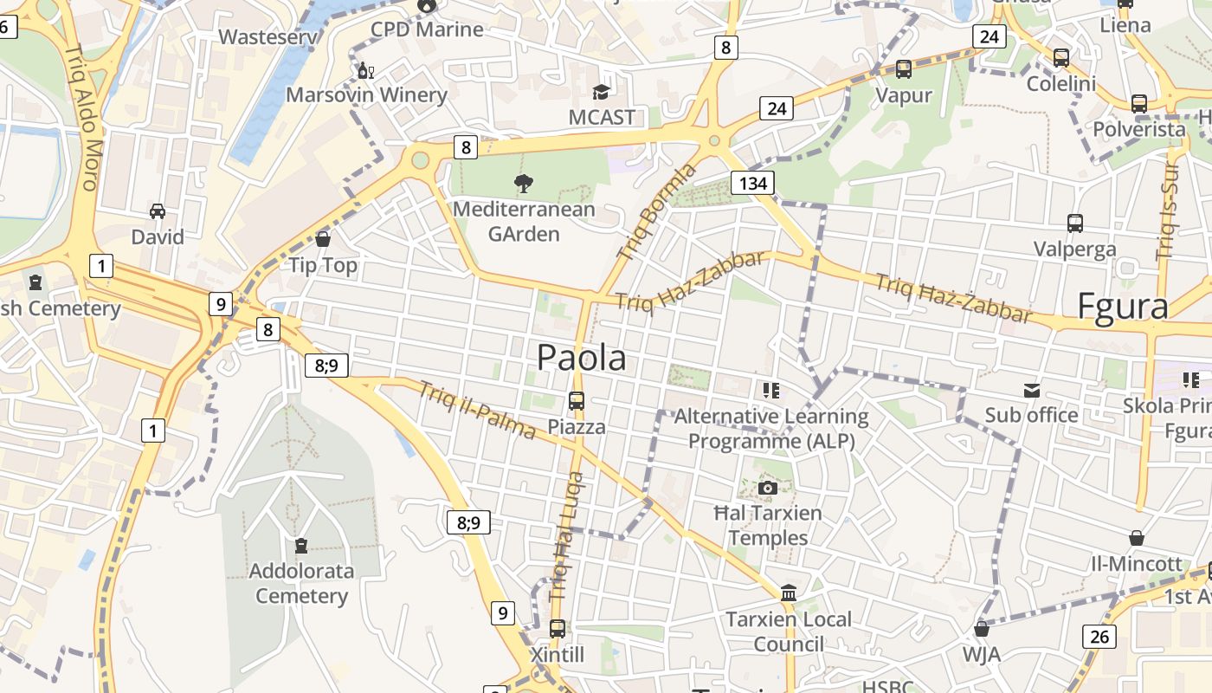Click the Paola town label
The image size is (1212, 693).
pyautogui.click(x=582, y=357)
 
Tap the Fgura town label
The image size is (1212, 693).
pyautogui.click(x=1122, y=308)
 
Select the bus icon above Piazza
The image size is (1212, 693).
pyautogui.click(x=577, y=400)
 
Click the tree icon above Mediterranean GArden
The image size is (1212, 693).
pyautogui.click(x=523, y=183)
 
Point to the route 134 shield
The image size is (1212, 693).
pyautogui.click(x=752, y=183)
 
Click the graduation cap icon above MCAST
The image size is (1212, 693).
pyautogui.click(x=601, y=92)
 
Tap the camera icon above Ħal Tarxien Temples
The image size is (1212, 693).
pyautogui.click(x=767, y=488)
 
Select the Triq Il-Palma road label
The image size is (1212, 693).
pyautogui.click(x=477, y=410)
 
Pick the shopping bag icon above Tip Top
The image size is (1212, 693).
pyautogui.click(x=323, y=238)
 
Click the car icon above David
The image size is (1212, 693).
pyautogui.click(x=158, y=210)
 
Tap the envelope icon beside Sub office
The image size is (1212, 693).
pyautogui.click(x=1032, y=390)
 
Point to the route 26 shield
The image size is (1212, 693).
pyautogui.click(x=1099, y=638)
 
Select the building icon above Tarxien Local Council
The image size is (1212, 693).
pyautogui.click(x=789, y=593)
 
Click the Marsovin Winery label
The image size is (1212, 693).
pyautogui.click(x=366, y=94)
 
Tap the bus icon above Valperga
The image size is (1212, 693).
pyautogui.click(x=1075, y=223)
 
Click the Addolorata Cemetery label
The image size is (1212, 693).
pyautogui.click(x=301, y=583)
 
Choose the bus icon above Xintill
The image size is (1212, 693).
pyautogui.click(x=558, y=628)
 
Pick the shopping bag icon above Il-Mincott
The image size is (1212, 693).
pyautogui.click(x=1137, y=538)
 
